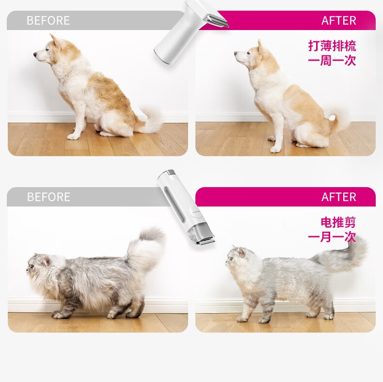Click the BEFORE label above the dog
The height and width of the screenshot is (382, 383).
(48, 20)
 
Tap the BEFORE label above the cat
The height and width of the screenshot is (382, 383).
(48, 197)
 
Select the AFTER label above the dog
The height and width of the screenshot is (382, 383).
(338, 20)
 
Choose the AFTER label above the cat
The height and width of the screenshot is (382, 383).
(338, 197)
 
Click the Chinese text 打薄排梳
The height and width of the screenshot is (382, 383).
(332, 46)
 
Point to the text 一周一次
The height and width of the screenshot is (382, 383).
(332, 60)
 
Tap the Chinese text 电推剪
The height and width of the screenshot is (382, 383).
(338, 222)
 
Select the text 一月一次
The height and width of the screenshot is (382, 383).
(332, 237)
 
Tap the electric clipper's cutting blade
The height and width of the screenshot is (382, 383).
(207, 242)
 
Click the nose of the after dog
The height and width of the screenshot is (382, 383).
(236, 53)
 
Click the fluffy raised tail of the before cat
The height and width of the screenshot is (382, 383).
(146, 247)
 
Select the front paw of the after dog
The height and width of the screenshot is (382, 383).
(275, 149)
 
